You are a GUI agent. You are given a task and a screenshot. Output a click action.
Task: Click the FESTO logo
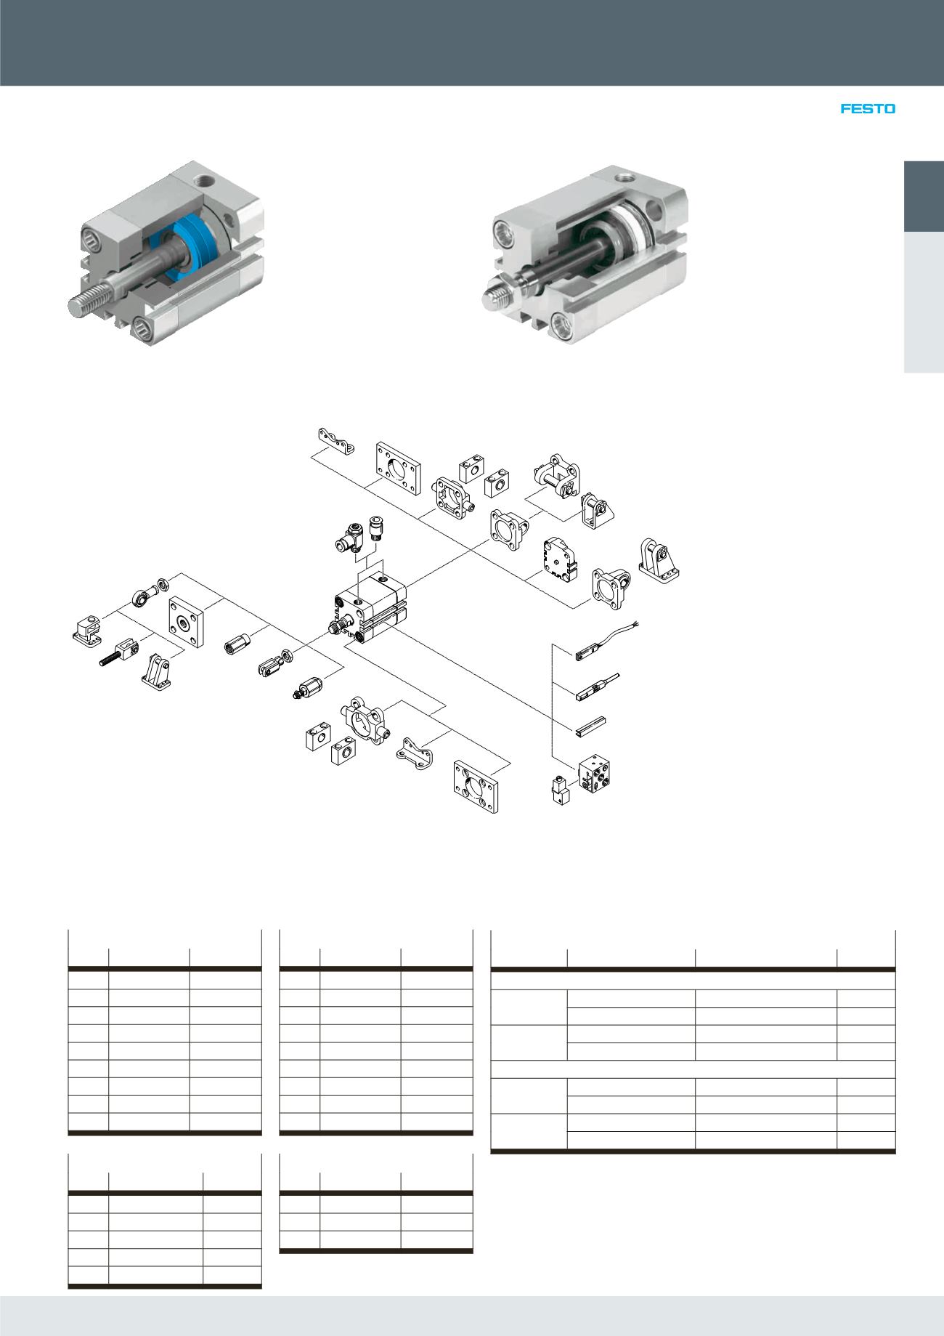(x=868, y=109)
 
